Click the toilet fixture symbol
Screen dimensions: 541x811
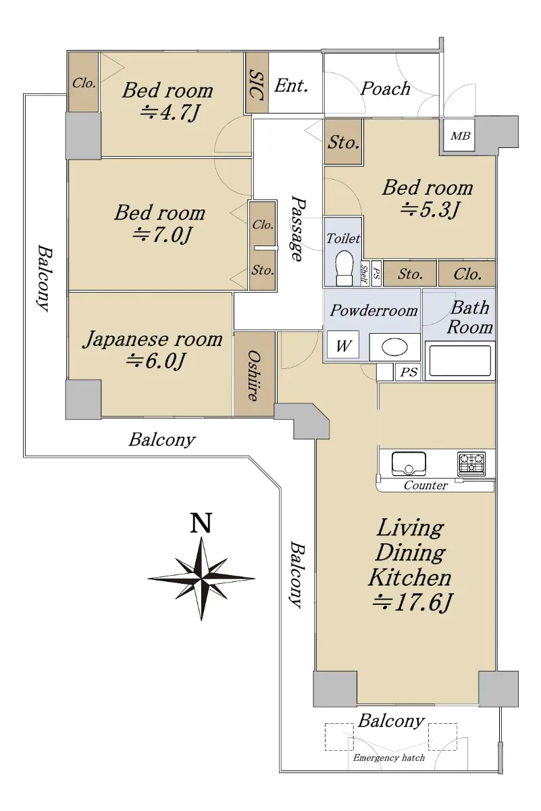[x=344, y=268]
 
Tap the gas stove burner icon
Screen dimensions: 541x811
[x=471, y=464]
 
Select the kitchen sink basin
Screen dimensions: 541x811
[x=409, y=464]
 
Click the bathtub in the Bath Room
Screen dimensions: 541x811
[x=459, y=361]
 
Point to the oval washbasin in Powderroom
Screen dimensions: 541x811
[x=395, y=347]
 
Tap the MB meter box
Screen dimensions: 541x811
[x=459, y=135]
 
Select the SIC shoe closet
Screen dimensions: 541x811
[x=257, y=83]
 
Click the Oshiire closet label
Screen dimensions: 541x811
[x=254, y=376]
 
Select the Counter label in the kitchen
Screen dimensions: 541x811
[x=426, y=485]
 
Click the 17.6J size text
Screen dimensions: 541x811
[x=412, y=603]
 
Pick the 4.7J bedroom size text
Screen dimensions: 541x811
[x=170, y=113]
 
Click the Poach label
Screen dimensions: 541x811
[x=386, y=89]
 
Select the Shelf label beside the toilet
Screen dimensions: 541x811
[x=365, y=274]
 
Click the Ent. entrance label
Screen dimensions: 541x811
[x=291, y=86]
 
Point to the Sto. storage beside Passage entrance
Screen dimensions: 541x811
[x=343, y=143]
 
